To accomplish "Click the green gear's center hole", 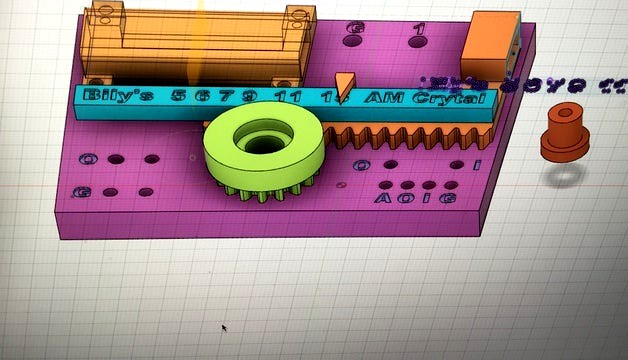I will [x=263, y=141].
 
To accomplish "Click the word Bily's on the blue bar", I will [x=118, y=96].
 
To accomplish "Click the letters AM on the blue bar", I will [x=380, y=97].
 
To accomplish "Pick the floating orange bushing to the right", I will [x=565, y=133].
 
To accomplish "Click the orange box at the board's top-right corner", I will [x=490, y=41].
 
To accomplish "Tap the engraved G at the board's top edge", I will [x=352, y=28].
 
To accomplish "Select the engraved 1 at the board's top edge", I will [x=419, y=29].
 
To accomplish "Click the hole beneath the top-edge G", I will [x=352, y=44].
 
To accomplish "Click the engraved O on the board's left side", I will [x=89, y=159].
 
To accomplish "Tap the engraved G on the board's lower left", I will [x=83, y=191].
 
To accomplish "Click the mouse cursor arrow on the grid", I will [x=223, y=327].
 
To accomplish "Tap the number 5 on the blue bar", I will [x=178, y=96].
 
